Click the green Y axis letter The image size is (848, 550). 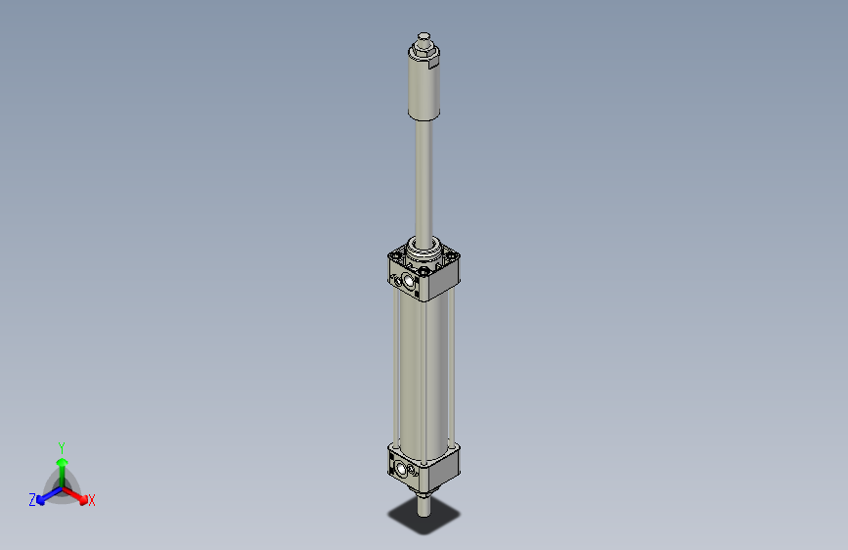[61, 446]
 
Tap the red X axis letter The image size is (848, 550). [92, 501]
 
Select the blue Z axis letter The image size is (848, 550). [32, 500]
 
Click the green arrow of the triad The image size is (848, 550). [62, 464]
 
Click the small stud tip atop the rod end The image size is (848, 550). [423, 37]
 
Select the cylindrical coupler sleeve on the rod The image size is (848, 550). [424, 88]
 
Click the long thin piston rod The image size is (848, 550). [424, 176]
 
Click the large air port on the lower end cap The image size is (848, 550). [404, 471]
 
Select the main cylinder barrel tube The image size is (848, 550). [423, 372]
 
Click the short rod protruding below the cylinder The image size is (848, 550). [423, 503]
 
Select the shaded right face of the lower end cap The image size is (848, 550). [443, 468]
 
